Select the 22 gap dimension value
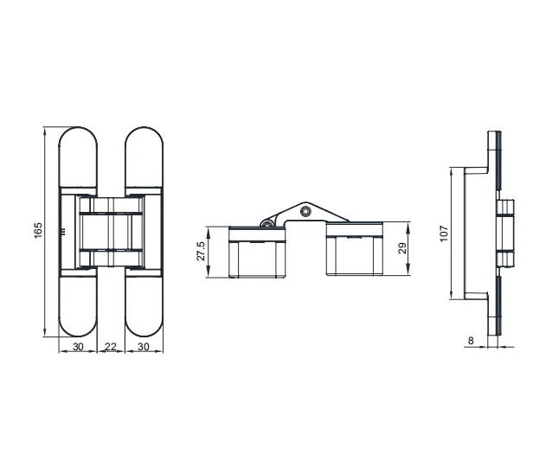click(111, 347)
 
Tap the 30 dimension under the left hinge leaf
click(78, 347)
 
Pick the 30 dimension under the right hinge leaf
click(144, 347)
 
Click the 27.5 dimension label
click(202, 251)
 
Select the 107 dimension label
click(444, 233)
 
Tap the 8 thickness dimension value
click(470, 341)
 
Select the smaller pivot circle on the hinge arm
click(270, 223)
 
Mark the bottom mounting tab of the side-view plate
click(496, 316)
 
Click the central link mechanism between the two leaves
click(111, 232)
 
